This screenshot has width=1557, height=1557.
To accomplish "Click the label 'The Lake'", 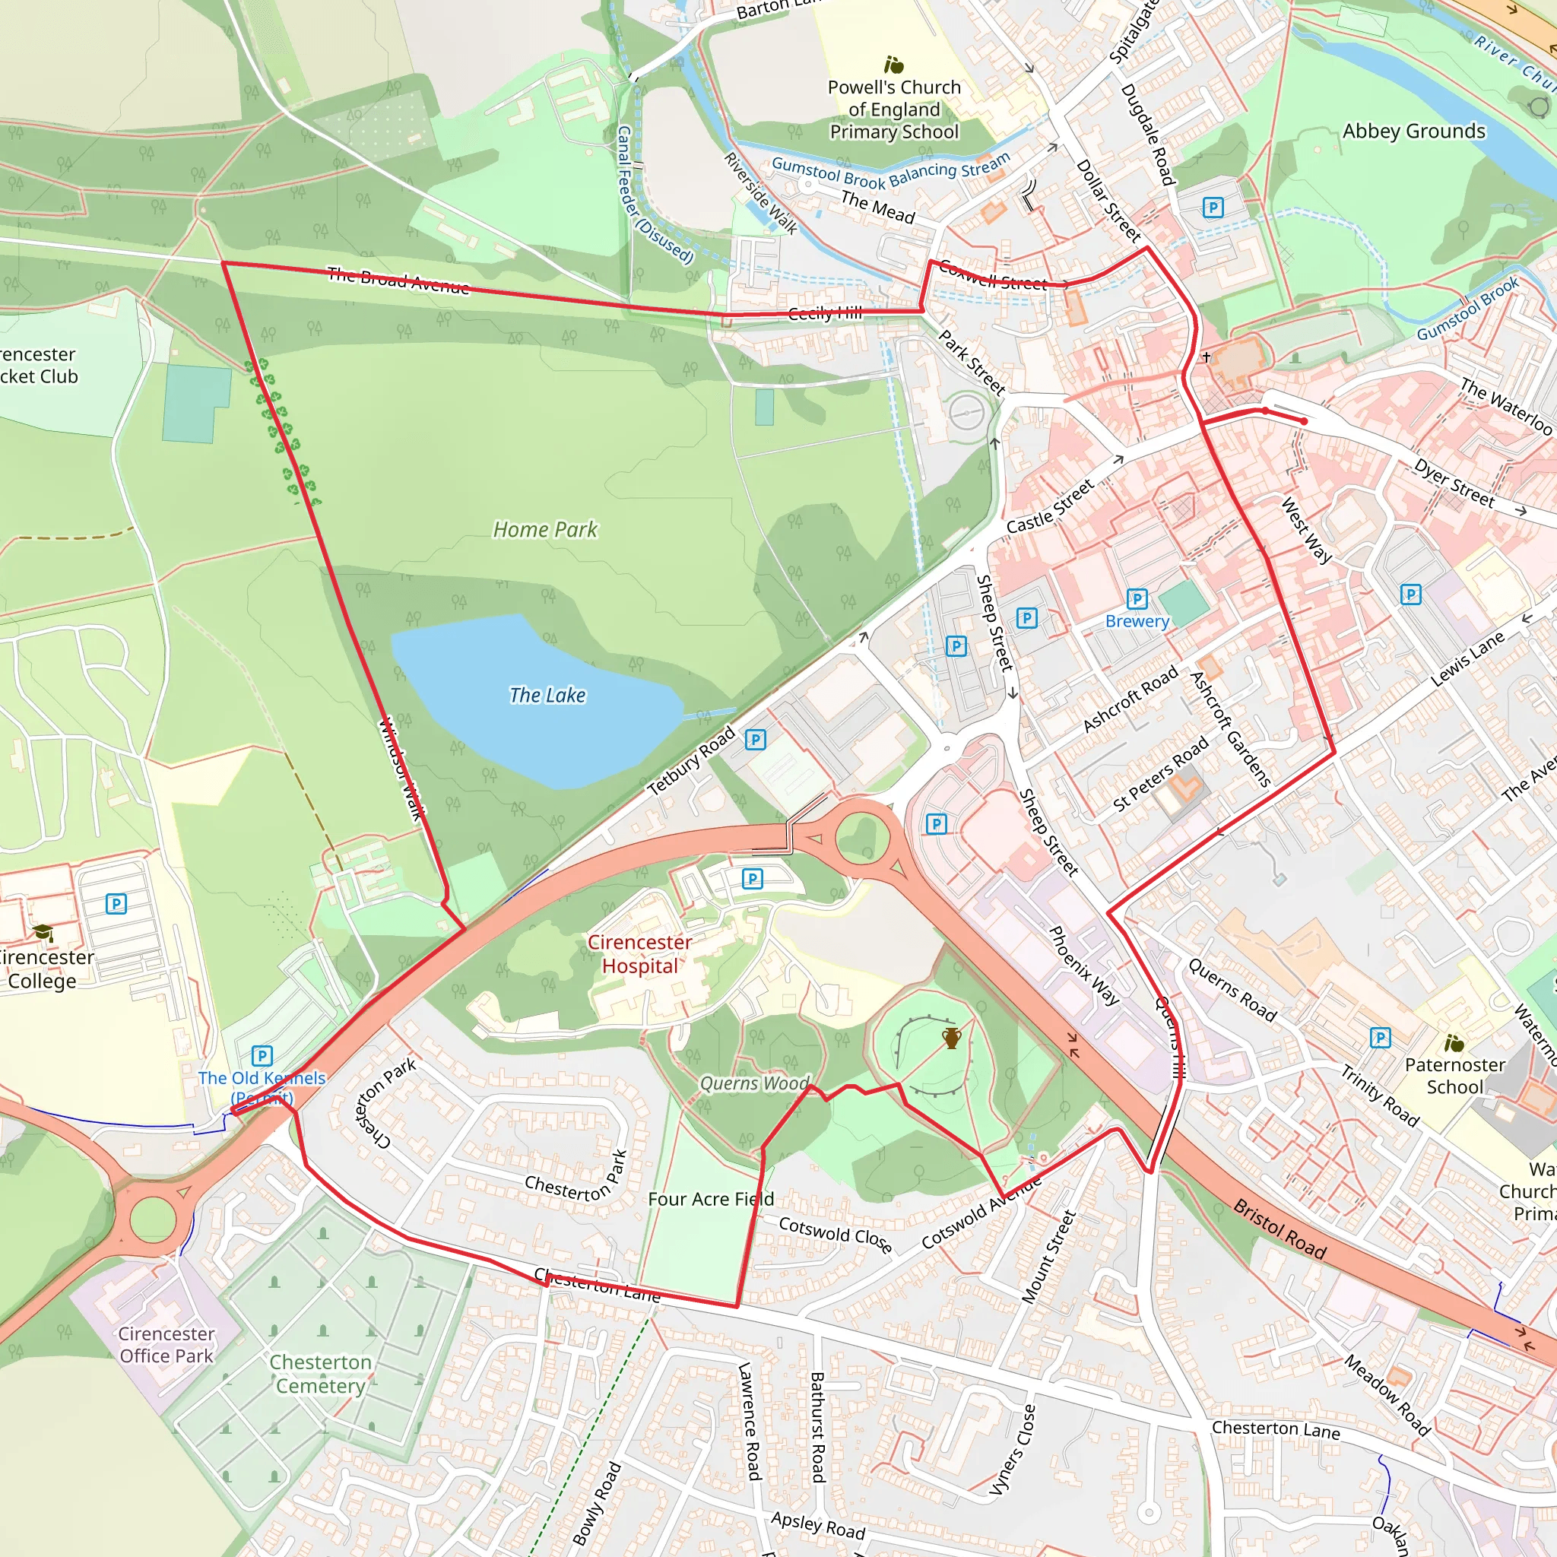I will click(x=547, y=695).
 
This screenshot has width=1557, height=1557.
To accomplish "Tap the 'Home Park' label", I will click(x=546, y=529).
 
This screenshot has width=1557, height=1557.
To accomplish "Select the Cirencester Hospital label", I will click(x=640, y=953).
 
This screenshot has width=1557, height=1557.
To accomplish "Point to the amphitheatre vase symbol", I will click(x=952, y=1038).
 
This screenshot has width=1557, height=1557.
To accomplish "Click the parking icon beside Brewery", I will click(x=1137, y=599).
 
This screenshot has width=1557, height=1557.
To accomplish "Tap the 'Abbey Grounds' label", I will click(x=1413, y=132).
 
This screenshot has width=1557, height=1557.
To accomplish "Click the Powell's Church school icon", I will click(x=894, y=65).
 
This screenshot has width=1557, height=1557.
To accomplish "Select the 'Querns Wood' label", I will click(x=754, y=1083).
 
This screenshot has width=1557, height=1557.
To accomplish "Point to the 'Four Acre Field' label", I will click(x=711, y=1199).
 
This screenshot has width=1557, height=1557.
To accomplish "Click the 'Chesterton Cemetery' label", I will click(x=321, y=1374).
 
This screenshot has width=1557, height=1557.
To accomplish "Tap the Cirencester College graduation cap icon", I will click(x=43, y=934).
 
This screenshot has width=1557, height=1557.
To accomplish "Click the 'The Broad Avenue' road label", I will click(x=398, y=281).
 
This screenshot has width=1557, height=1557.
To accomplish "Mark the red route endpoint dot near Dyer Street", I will click(x=1304, y=420).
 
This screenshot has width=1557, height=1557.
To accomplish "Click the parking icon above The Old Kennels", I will click(x=262, y=1055).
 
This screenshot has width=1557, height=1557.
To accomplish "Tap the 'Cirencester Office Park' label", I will click(x=166, y=1344).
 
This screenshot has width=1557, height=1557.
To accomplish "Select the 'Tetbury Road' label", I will click(x=692, y=760).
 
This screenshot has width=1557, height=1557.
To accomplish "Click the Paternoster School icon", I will click(x=1454, y=1044).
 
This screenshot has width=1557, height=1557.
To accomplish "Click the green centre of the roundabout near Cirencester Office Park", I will click(x=153, y=1219).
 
